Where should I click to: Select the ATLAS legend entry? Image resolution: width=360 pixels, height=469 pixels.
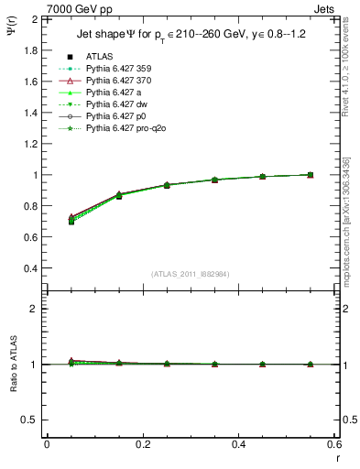click(x=100, y=57)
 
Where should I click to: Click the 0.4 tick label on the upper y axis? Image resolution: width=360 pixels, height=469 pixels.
click(x=28, y=268)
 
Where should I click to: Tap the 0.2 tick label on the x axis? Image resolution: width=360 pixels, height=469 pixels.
click(x=143, y=443)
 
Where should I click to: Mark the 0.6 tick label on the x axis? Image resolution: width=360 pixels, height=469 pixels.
click(x=334, y=443)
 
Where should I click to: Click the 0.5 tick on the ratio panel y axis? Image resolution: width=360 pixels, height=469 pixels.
click(x=28, y=420)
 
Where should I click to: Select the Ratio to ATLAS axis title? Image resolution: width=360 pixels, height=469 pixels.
click(x=12, y=365)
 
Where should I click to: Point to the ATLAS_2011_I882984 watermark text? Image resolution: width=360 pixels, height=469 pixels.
click(x=191, y=274)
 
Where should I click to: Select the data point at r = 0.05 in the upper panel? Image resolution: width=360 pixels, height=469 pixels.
click(x=71, y=221)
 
